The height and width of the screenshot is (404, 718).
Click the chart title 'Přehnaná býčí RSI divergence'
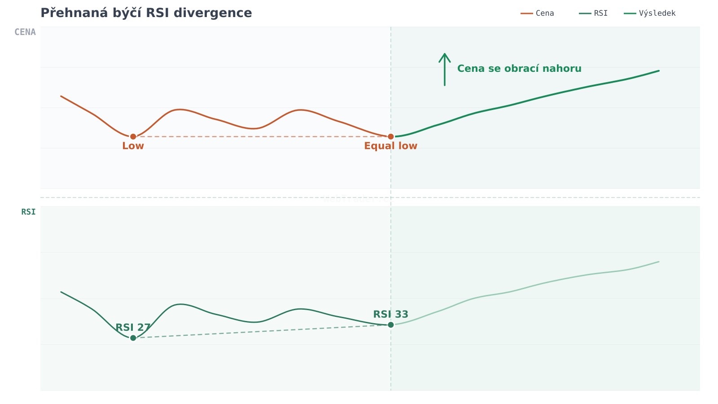[146, 13]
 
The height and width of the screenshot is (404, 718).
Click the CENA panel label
[25, 32]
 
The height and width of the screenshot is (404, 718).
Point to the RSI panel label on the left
[28, 212]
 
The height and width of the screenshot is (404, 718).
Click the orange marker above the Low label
[133, 136]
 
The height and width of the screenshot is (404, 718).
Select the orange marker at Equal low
[391, 136]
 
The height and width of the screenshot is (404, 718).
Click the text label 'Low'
[133, 146]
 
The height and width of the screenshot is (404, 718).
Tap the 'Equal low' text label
[391, 146]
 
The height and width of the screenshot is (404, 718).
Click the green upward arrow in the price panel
[445, 69]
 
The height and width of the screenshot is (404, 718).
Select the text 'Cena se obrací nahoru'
[519, 69]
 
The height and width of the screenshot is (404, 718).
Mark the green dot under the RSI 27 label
[133, 338]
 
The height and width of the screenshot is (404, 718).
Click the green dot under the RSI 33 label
[391, 325]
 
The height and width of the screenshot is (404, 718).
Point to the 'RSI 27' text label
[133, 327]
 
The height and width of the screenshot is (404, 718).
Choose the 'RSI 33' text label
[391, 314]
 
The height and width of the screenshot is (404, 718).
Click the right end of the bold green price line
[659, 70]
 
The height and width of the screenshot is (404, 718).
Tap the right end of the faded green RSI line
[659, 262]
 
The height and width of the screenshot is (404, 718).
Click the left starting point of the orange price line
[61, 96]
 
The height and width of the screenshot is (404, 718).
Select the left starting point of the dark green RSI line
[61, 292]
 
